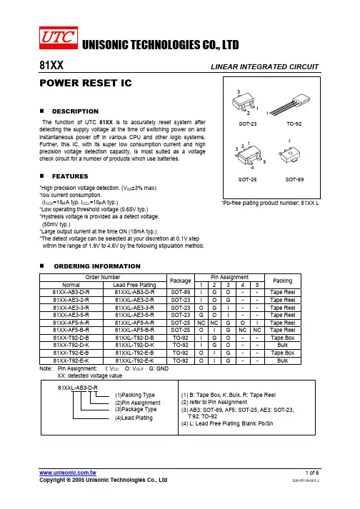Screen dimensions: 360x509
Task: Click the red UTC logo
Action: click(x=59, y=38)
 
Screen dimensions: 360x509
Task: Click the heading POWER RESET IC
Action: click(x=86, y=83)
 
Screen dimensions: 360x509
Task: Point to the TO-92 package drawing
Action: click(x=289, y=104)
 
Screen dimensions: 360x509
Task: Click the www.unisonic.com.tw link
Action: click(x=68, y=473)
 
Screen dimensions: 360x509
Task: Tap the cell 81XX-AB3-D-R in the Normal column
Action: click(x=71, y=292)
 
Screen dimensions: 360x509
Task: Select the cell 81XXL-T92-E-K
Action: click(x=134, y=361)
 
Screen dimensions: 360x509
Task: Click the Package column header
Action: click(x=180, y=281)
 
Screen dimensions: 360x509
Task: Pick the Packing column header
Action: click(x=282, y=281)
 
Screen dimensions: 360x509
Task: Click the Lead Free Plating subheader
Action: click(x=134, y=285)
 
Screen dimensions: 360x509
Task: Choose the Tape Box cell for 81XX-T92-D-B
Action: click(x=283, y=338)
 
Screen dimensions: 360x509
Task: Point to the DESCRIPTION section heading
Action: click(x=76, y=111)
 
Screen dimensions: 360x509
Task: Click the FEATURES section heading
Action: click(x=70, y=176)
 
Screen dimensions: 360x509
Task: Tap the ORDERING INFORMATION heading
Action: click(x=97, y=266)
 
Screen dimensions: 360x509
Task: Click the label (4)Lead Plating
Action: click(x=134, y=418)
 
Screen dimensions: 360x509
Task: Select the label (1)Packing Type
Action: click(x=135, y=395)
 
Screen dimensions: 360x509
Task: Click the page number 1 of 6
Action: click(x=312, y=473)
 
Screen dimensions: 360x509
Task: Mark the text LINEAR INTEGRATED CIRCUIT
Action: click(x=265, y=67)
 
